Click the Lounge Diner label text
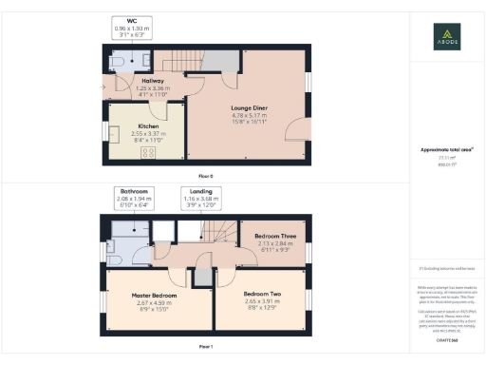tap(248, 109)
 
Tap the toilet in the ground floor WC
tap(114, 61)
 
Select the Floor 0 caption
tap(205, 177)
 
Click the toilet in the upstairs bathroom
tap(112, 257)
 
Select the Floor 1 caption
tap(205, 348)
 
